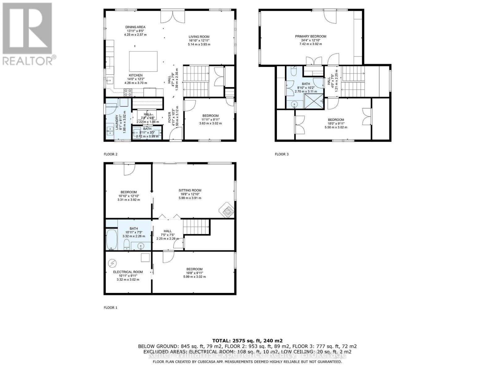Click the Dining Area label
tap(135, 27)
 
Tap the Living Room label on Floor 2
tap(199, 37)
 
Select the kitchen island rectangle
tap(143, 61)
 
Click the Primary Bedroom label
tap(310, 37)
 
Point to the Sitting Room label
tap(190, 190)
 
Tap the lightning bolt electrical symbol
tap(112, 263)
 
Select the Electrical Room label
tap(128, 272)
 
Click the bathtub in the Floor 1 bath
tap(111, 239)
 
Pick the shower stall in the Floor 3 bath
tap(314, 101)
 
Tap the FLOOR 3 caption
tap(282, 154)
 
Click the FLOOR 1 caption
tap(110, 308)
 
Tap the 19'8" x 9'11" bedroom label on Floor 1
tap(194, 269)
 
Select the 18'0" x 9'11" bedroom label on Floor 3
tap(336, 120)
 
